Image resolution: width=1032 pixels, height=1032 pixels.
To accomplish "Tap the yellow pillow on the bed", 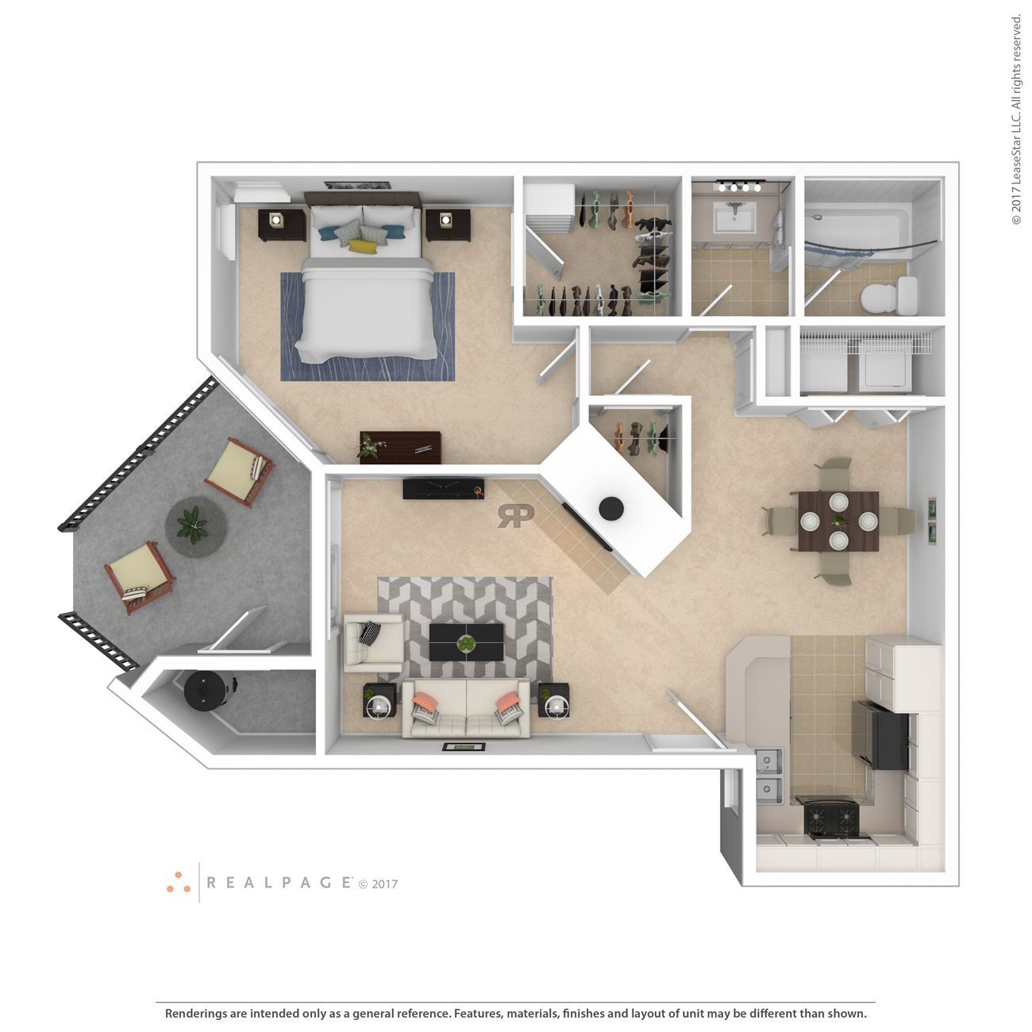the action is pos(363,245).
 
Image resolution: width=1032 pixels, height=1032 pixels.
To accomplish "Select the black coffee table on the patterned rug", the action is pos(467,641).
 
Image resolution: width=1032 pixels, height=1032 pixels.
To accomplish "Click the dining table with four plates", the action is pos(838,521).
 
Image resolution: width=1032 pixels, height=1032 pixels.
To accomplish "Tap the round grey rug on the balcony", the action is pos(195,527).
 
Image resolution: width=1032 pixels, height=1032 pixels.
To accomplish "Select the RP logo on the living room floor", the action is pos(516,516).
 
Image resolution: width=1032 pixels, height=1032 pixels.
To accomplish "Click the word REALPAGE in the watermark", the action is pos(279,882).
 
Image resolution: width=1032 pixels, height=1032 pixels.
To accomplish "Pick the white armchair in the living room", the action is pos(373,643).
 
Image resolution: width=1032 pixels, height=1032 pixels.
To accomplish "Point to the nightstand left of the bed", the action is pos(281,225).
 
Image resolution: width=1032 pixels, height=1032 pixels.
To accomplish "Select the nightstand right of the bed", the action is pos(448,225).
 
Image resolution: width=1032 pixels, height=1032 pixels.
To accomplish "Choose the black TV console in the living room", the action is pos(444,488).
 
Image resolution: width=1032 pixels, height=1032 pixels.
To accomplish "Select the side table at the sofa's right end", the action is pos(554,700).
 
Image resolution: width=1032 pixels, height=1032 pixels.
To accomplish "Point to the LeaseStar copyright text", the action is pos(1016,120).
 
